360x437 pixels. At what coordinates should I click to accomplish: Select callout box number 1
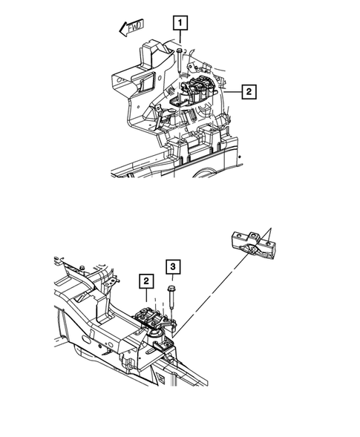tap(180, 23)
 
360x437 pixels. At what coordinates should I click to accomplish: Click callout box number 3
tap(171, 266)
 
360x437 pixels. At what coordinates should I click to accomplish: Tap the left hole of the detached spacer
tap(240, 238)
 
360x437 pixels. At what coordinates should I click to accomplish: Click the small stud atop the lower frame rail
tap(82, 266)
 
